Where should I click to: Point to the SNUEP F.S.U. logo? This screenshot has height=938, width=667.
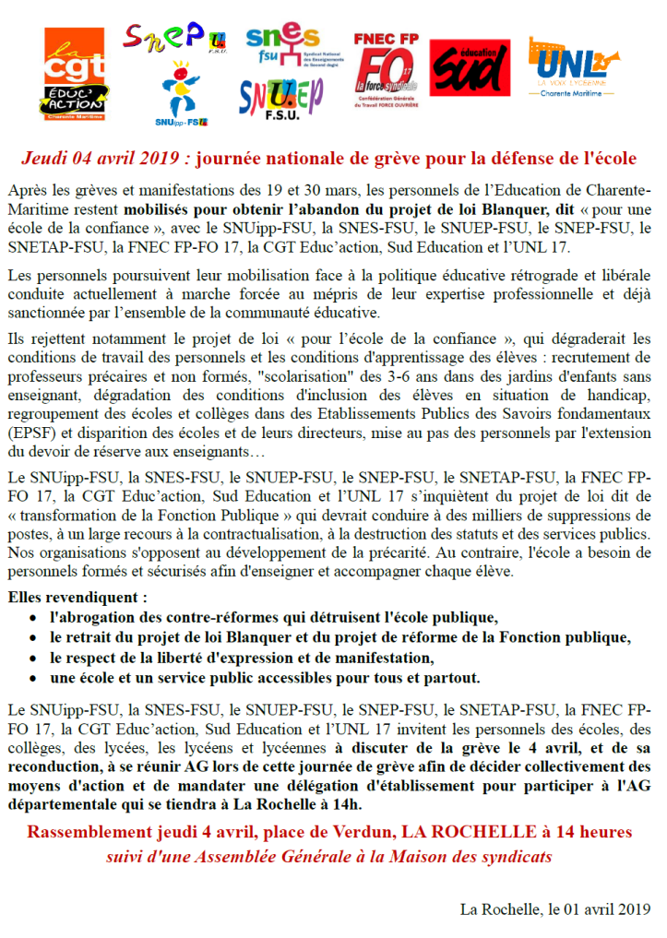click(281, 101)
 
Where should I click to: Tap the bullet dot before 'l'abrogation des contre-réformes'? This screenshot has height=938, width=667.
click(34, 617)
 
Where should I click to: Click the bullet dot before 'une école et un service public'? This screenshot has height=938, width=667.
click(34, 679)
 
